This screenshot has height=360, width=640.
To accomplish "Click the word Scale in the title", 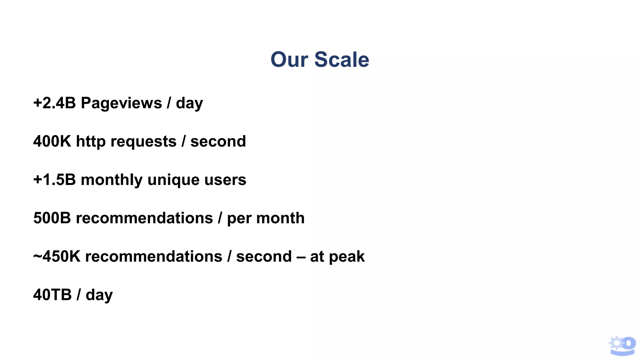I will pos(342,59).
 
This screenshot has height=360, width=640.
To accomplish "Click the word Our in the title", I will pos(289,59).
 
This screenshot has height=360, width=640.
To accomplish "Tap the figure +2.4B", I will pos(54,103).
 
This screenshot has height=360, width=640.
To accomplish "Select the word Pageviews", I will pos(121,103).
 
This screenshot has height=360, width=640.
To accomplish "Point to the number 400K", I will pos(52,141).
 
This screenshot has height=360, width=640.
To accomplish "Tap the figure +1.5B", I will pos(54,180).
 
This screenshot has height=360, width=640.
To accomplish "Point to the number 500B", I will pos(52,218).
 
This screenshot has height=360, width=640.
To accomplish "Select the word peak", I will pos(347,257).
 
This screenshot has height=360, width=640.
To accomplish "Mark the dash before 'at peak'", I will pos(301,257).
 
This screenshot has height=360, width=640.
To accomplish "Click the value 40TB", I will pos(52,295).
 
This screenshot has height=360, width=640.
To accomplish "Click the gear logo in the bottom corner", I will pos(622,346).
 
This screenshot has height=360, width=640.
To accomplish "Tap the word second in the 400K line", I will pos(218,141).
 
